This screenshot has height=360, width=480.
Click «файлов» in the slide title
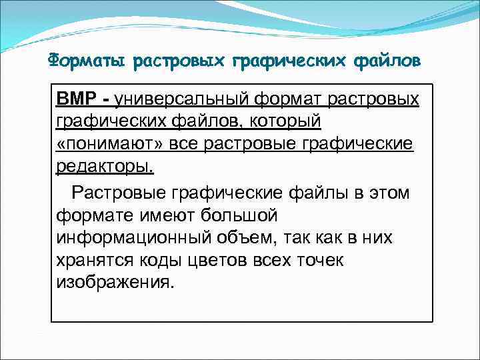click(382, 61)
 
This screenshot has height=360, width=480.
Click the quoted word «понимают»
click(121, 145)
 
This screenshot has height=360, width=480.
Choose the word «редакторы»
click(105, 167)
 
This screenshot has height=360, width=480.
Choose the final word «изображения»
click(115, 283)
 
